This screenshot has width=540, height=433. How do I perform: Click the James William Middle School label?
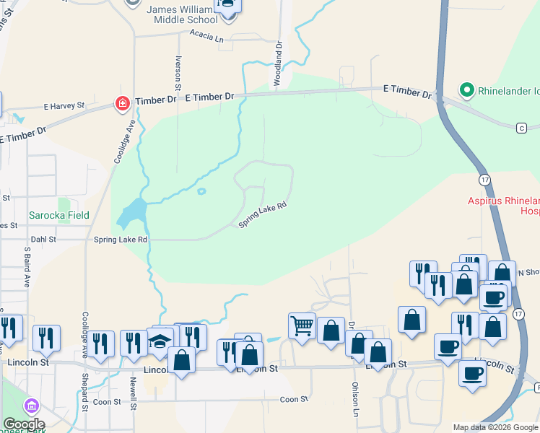pos(182,13)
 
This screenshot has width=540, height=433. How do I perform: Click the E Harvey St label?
pos(64,106)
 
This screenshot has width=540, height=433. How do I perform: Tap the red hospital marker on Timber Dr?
pos(123,104)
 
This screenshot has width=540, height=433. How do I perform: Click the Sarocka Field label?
pos(59,215)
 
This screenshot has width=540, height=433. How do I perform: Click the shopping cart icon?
pos(302,325)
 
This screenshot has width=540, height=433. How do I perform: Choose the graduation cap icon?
pos(160,342)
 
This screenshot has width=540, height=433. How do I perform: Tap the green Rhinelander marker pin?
pos(467,91)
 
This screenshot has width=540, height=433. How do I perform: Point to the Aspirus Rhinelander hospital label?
pos(505,204)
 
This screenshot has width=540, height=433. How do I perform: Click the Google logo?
pos(23,424)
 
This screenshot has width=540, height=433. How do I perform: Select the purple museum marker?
pos(30,406)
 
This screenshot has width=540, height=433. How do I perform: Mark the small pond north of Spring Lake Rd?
pos(201,192)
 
